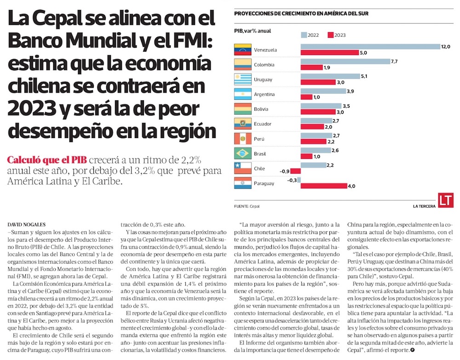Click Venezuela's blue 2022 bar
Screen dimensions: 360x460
pos(370,46)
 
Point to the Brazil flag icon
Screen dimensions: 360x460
pos(243,153)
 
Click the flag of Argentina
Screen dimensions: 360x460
pos(243,94)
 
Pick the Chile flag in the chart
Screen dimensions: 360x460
pos(243,168)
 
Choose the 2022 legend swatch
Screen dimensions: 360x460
pos(304,35)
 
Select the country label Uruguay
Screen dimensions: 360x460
pos(263,80)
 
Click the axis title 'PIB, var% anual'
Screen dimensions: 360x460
pos(253,31)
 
